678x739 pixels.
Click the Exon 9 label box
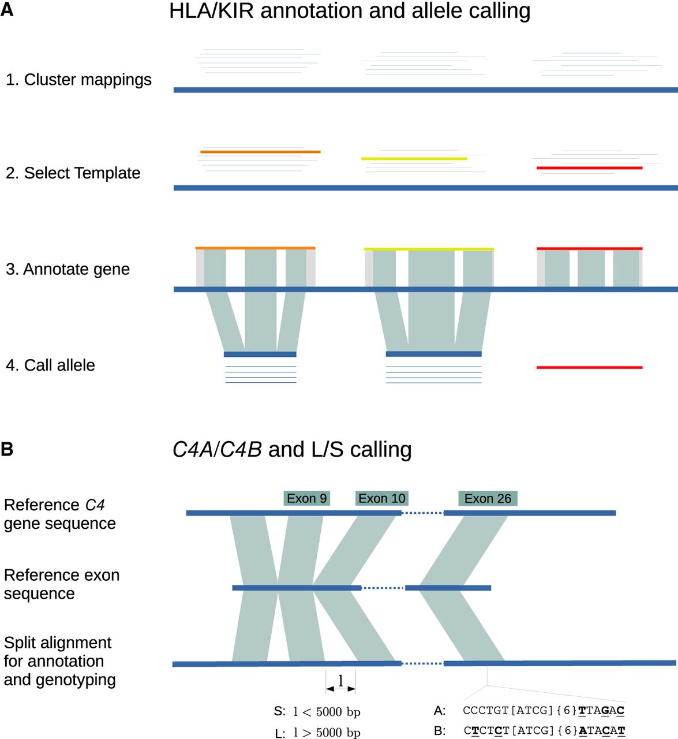pos(306,498)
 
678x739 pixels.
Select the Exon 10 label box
pos(381,498)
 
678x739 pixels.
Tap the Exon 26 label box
pos(488,498)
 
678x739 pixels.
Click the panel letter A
pos(7,10)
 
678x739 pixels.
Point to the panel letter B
pos(7,449)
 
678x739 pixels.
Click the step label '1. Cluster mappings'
pos(78,80)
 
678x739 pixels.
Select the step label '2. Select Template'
pos(73,173)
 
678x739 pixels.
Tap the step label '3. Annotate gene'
pos(68,269)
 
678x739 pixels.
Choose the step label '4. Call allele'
pos(50,365)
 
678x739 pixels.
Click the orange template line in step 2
pos(260,152)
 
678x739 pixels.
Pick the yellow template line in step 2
pos(414,158)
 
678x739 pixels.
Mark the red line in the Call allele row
pos(589,367)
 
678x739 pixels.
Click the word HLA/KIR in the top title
pos(211,11)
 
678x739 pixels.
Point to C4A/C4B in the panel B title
pos(217,449)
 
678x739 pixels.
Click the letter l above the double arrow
pos(340,681)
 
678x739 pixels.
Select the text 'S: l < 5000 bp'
pos(317,711)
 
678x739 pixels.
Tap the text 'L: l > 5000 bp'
pos(317,733)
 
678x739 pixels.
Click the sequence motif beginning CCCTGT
pos(544,710)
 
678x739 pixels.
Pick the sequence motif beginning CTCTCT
pos(544,730)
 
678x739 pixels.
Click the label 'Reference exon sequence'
pos(62,584)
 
